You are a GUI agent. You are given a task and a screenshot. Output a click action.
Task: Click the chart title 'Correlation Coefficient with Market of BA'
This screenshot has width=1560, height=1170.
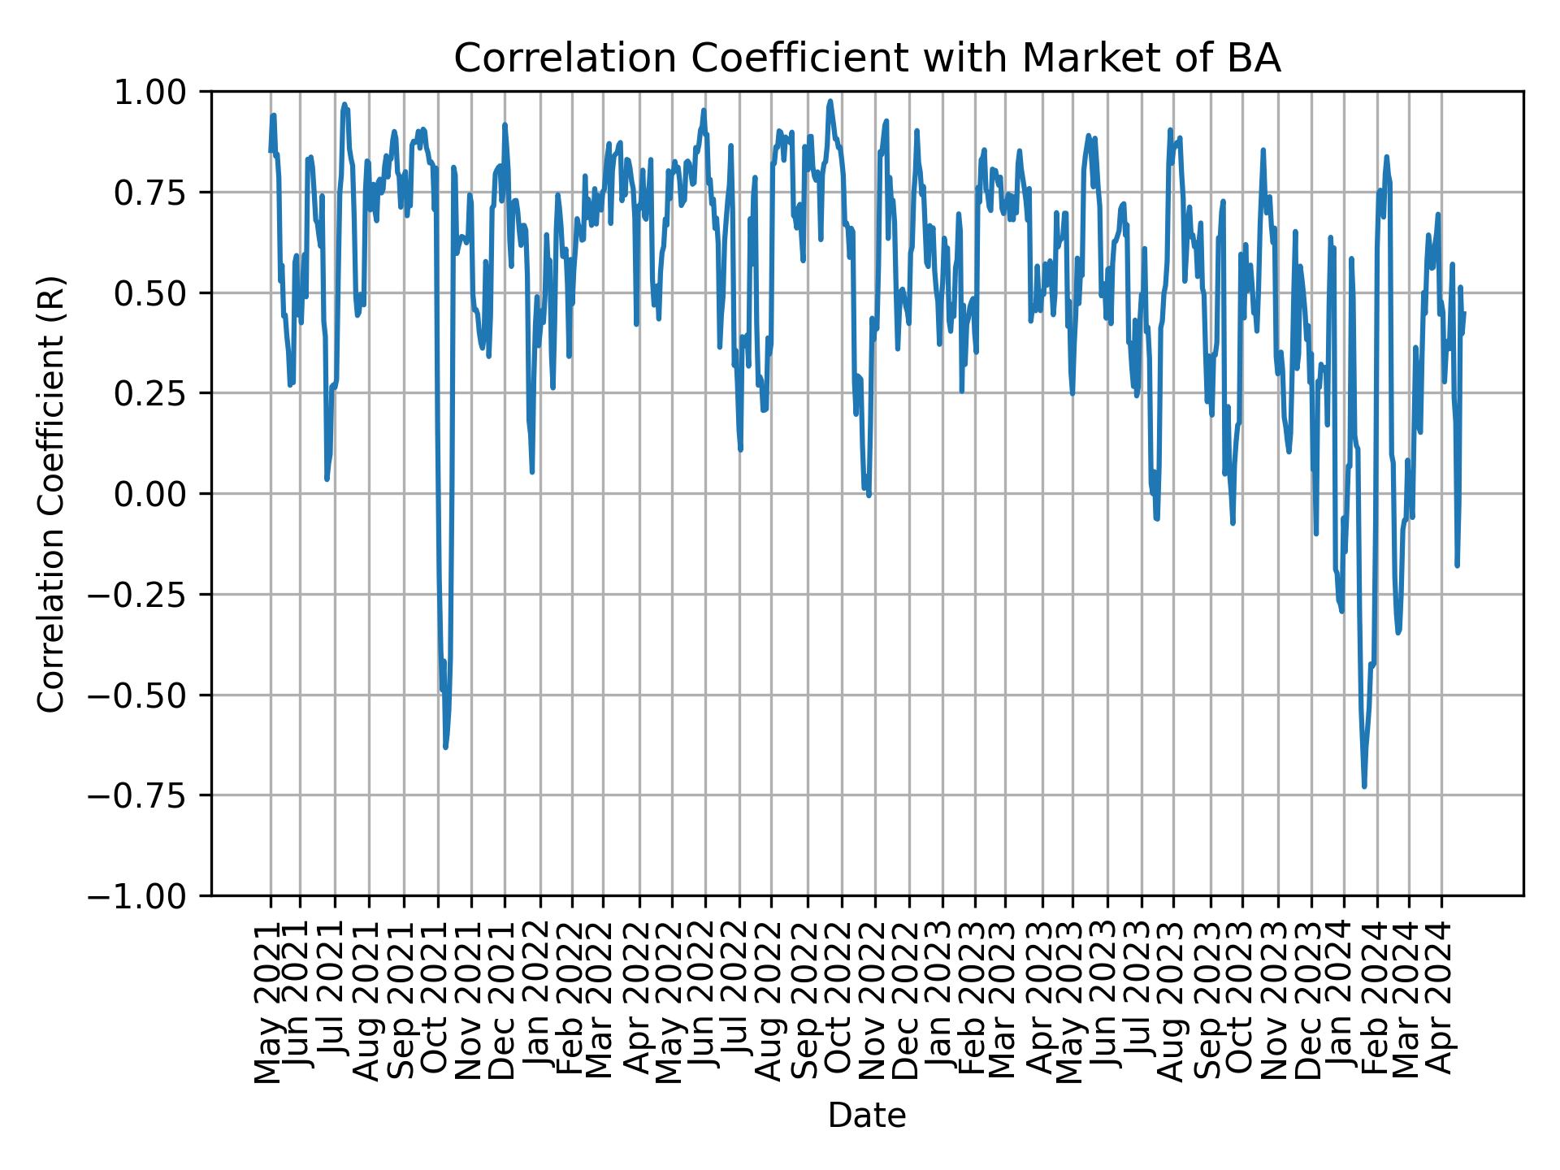click(867, 59)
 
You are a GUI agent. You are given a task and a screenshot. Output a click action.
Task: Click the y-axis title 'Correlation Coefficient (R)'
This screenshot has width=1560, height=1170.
click(52, 493)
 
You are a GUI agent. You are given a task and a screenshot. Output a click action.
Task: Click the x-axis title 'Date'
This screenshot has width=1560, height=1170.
click(867, 1116)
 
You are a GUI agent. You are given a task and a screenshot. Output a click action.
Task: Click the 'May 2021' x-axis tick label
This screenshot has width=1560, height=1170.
click(271, 1001)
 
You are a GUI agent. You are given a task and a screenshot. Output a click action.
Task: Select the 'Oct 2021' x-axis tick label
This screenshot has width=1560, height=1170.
click(438, 1001)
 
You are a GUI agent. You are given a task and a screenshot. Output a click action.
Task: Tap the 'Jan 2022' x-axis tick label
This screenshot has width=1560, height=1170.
click(540, 1001)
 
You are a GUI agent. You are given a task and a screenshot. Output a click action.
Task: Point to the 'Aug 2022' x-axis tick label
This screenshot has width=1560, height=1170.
click(771, 1001)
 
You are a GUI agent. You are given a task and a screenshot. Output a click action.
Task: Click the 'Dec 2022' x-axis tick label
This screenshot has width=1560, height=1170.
click(908, 1001)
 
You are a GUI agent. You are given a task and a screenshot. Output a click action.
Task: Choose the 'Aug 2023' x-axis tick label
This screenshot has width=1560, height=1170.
click(1172, 1001)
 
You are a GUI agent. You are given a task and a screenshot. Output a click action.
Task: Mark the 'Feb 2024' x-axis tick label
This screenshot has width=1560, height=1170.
click(1377, 1001)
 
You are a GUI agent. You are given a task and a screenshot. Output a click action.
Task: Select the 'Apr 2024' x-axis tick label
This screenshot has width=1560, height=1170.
click(1442, 1001)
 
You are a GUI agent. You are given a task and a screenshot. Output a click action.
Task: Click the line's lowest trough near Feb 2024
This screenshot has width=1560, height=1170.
click(1364, 786)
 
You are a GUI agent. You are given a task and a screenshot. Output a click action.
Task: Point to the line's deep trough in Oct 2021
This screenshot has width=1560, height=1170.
click(445, 747)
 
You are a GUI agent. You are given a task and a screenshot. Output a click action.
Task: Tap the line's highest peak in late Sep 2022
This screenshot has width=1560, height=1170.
click(830, 102)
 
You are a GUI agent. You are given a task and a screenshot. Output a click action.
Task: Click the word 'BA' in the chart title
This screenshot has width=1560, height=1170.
click(1258, 59)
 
